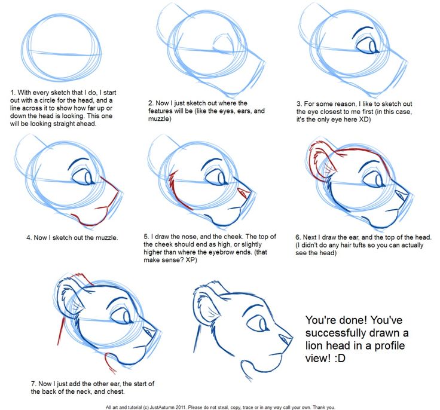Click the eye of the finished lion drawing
[x=258, y=323]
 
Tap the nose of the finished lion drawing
[x=286, y=339]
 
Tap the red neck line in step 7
[x=60, y=331]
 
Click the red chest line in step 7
[x=109, y=363]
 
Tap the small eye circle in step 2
[x=223, y=45]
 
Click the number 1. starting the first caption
[x=13, y=93]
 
